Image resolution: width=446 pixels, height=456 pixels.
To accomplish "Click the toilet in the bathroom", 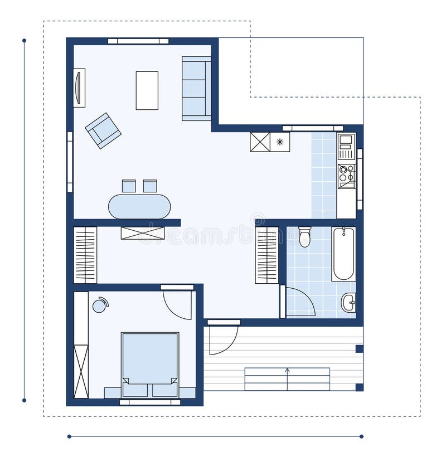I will point(304,237).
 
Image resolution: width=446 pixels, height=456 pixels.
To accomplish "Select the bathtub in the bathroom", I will point(343,254).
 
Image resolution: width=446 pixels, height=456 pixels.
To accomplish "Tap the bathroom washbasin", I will point(348,303).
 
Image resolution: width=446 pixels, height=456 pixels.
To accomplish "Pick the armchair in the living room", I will point(103,130).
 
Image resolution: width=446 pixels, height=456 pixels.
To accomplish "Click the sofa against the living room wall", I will point(196,88).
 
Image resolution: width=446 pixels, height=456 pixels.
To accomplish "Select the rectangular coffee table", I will point(147,90).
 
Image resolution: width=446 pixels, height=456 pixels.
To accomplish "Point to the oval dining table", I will point(139,206).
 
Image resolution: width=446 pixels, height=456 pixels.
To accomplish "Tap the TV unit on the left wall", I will point(79,88).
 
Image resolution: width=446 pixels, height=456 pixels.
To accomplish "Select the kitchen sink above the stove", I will point(346,146).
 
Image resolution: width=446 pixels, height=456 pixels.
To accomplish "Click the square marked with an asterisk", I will point(280,142).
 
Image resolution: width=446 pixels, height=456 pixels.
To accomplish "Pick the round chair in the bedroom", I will point(99,305).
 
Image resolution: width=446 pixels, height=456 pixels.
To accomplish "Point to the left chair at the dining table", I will point(129,186).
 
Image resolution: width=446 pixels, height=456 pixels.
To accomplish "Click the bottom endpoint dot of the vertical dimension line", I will point(24,400).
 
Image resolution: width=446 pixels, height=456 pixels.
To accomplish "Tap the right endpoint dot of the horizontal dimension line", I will point(361,436).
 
